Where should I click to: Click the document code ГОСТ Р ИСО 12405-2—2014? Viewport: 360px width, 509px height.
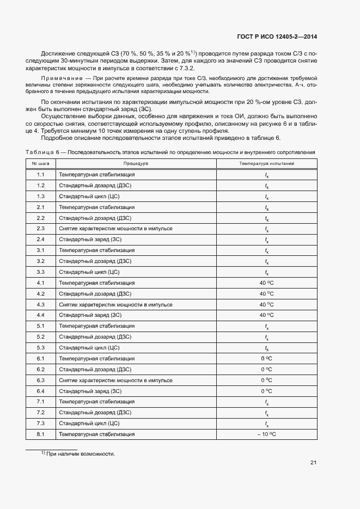click(277, 37)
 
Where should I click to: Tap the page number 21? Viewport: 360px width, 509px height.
click(314, 463)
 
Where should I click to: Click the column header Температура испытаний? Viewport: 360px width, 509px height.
click(266, 163)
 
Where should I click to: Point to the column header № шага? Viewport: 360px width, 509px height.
click(41, 163)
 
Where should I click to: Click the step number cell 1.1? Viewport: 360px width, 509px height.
click(41, 175)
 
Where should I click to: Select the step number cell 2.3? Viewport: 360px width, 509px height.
click(41, 229)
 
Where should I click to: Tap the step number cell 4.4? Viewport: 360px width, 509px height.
click(41, 315)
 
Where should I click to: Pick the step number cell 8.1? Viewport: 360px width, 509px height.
click(41, 434)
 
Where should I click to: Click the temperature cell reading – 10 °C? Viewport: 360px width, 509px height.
click(266, 434)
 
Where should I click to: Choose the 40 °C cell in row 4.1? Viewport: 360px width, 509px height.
click(266, 283)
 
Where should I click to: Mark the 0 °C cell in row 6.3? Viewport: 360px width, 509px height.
click(266, 381)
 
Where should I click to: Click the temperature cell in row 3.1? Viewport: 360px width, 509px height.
click(266, 251)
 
